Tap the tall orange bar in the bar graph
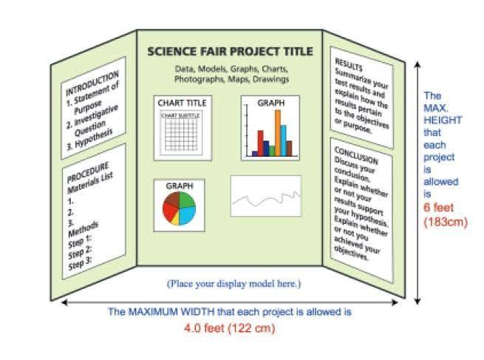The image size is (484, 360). [279, 134]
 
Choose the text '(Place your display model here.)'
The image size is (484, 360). [234, 284]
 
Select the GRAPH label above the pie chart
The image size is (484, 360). [180, 186]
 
